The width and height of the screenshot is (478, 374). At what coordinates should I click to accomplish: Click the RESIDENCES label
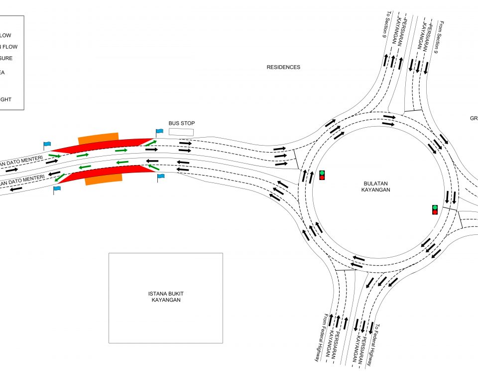(283, 67)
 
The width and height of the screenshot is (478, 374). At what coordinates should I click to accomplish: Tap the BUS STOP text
(181, 123)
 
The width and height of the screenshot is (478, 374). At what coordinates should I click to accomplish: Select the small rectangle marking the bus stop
(181, 132)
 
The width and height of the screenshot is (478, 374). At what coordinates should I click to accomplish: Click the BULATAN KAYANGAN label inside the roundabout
(376, 187)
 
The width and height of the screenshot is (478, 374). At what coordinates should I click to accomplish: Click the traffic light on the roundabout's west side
(322, 175)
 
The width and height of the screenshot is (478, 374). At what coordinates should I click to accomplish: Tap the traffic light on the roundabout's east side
(435, 209)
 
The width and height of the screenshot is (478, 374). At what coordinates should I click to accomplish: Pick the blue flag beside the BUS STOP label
(159, 132)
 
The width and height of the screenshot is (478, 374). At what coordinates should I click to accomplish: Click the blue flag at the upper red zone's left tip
(47, 145)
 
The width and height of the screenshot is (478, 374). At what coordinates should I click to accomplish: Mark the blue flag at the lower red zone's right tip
(161, 177)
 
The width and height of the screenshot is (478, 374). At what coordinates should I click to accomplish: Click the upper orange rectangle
(98, 138)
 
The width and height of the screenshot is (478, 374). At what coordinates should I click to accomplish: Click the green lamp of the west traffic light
(322, 173)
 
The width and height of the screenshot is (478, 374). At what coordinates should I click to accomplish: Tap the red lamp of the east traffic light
(435, 212)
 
